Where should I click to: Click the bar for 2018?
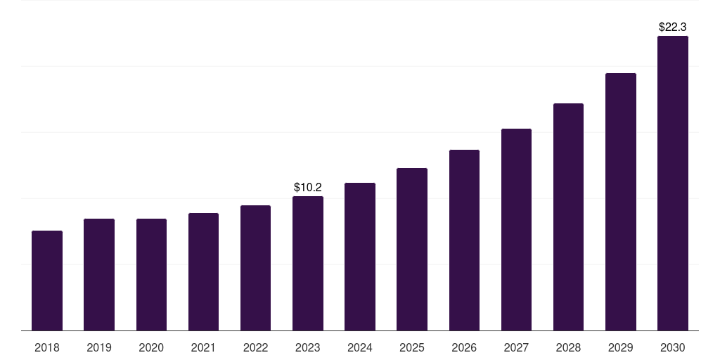pos(47,281)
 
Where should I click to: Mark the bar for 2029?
pos(621,202)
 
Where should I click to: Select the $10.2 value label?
pos(308,187)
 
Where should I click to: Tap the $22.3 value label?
pos(673,27)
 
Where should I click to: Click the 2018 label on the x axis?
pos(47,347)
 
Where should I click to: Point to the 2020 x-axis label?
pos(151,347)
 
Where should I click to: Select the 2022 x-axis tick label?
pos(256,347)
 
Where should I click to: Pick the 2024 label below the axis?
pos(360,347)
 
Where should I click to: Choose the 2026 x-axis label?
pos(464,347)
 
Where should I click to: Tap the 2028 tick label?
pos(568,347)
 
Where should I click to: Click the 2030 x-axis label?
pos(673,347)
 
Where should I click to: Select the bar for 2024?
pos(360,257)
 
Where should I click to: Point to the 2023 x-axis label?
pos(308,347)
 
